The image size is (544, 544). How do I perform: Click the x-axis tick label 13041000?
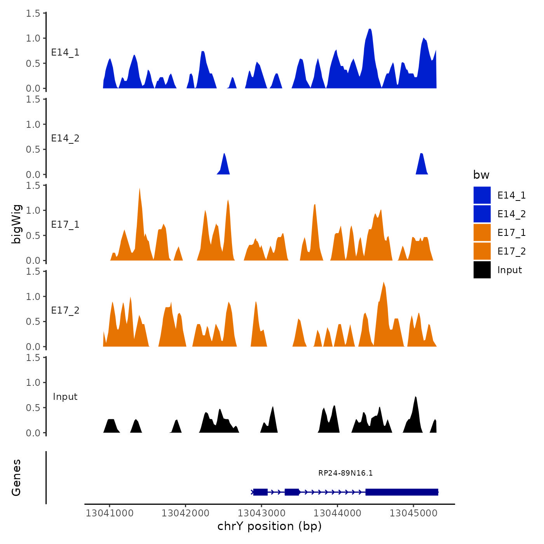click(110, 513)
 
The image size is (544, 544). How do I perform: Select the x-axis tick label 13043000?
click(262, 513)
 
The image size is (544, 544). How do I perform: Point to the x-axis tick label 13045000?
click(413, 513)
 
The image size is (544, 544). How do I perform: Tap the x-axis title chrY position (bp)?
click(270, 526)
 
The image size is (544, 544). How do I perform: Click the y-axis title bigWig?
click(16, 224)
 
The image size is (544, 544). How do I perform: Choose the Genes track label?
click(16, 478)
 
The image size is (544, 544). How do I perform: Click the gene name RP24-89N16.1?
click(345, 473)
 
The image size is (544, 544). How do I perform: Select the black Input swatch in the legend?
click(482, 270)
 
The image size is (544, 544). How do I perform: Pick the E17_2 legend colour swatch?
click(482, 251)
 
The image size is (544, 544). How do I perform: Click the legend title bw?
click(481, 175)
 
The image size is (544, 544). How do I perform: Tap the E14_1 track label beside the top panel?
click(65, 52)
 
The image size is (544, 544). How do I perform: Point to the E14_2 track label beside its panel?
click(65, 138)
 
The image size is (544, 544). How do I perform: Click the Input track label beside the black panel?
click(65, 397)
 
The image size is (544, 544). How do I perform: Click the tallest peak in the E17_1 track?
click(139, 190)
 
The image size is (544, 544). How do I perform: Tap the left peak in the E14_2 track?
click(224, 155)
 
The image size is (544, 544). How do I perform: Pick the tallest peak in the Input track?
click(416, 398)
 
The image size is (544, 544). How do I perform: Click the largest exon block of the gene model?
click(402, 492)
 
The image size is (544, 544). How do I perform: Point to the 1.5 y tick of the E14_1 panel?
click(33, 14)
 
